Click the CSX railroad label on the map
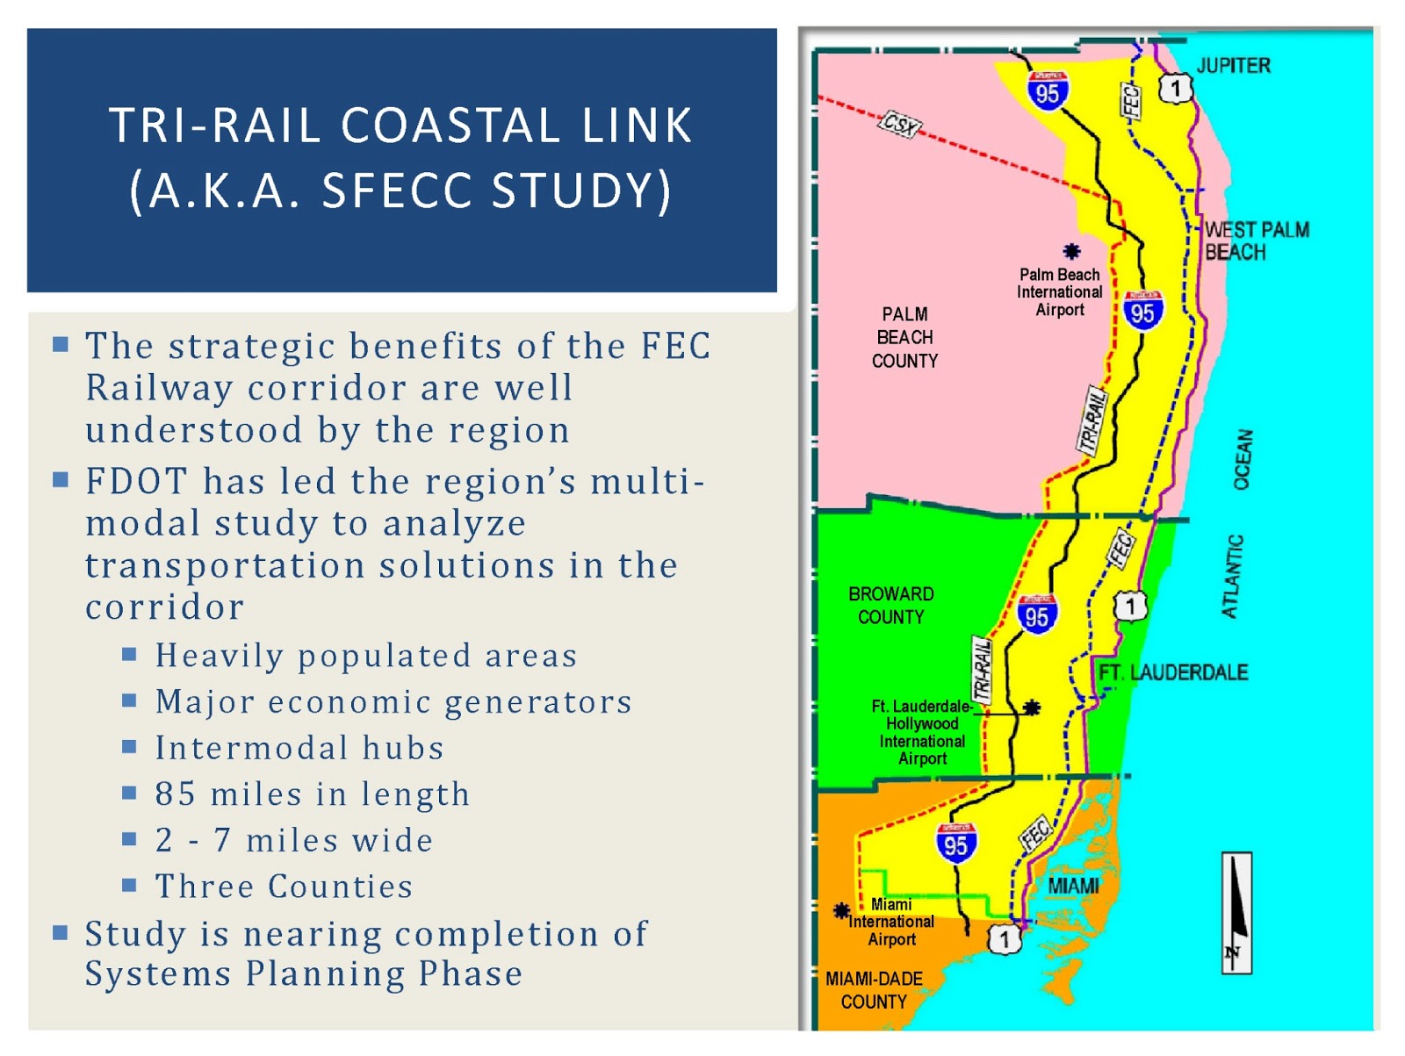pyautogui.click(x=900, y=125)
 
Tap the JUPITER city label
pyautogui.click(x=1233, y=66)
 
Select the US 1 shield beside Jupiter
pyautogui.click(x=1176, y=88)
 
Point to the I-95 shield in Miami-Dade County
pyautogui.click(x=955, y=844)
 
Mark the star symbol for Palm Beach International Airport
pyautogui.click(x=1071, y=252)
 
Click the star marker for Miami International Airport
pyautogui.click(x=841, y=910)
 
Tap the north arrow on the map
pyautogui.click(x=1236, y=913)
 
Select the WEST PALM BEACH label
pyautogui.click(x=1256, y=241)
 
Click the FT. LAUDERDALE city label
pyautogui.click(x=1173, y=673)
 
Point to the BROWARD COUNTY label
pyautogui.click(x=890, y=606)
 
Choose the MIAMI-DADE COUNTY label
pyautogui.click(x=874, y=990)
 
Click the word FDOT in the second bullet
pyautogui.click(x=136, y=482)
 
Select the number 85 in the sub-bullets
pyautogui.click(x=175, y=794)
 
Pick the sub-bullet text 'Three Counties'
pyautogui.click(x=284, y=887)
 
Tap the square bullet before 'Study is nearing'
pyautogui.click(x=61, y=932)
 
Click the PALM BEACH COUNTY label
pyautogui.click(x=904, y=337)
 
